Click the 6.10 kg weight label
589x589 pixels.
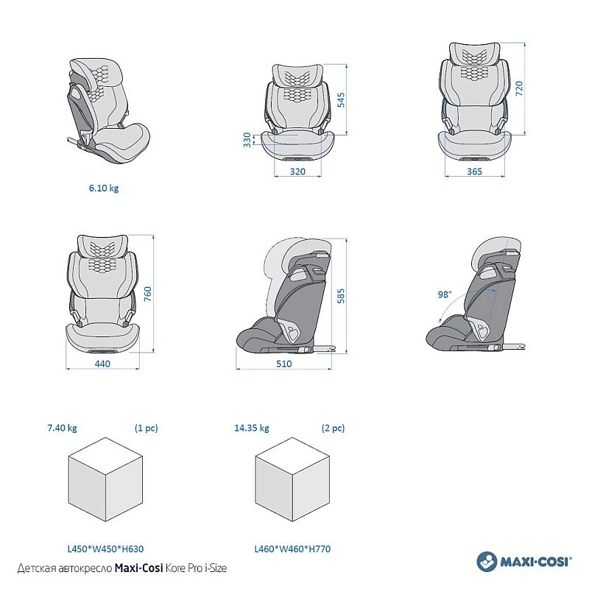(103, 188)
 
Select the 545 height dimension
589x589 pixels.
(341, 99)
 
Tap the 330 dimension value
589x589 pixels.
(247, 140)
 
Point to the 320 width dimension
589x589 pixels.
(297, 171)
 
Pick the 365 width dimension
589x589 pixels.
(474, 171)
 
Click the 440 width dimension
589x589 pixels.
(102, 363)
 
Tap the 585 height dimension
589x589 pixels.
(341, 297)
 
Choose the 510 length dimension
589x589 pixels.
(283, 363)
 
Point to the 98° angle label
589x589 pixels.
(444, 294)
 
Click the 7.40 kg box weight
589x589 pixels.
(63, 428)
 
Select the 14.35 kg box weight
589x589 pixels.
(252, 428)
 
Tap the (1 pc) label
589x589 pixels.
(146, 428)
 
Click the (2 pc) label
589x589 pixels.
(333, 428)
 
